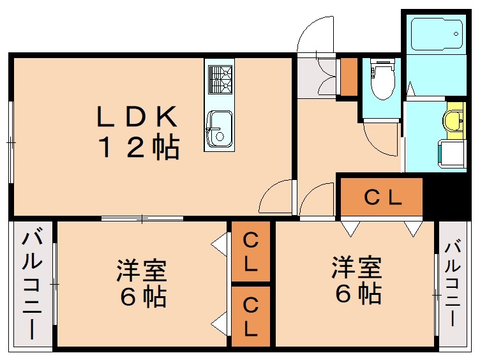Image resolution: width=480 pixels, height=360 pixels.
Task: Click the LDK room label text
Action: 137,116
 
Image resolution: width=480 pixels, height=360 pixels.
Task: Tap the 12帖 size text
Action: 139,147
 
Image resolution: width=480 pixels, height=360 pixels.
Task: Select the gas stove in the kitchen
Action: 220,80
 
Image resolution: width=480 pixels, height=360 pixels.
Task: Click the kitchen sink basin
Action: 219,129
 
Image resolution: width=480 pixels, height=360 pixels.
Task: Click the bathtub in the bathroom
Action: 437,34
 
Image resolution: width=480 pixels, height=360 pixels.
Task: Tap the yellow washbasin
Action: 455,120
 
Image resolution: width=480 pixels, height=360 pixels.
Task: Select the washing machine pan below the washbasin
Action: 452,154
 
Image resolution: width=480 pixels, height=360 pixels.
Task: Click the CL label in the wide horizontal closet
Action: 382,197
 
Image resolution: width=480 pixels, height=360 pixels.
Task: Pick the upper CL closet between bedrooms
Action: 251,251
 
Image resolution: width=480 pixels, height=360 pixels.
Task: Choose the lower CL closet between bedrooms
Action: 251,317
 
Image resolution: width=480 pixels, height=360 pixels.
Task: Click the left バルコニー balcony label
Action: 32,284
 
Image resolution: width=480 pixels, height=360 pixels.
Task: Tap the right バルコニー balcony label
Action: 453,284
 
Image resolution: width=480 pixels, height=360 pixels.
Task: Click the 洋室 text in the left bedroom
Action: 142,270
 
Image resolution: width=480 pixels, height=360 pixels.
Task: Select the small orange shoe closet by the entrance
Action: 349,77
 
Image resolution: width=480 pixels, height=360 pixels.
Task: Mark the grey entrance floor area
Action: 317,78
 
